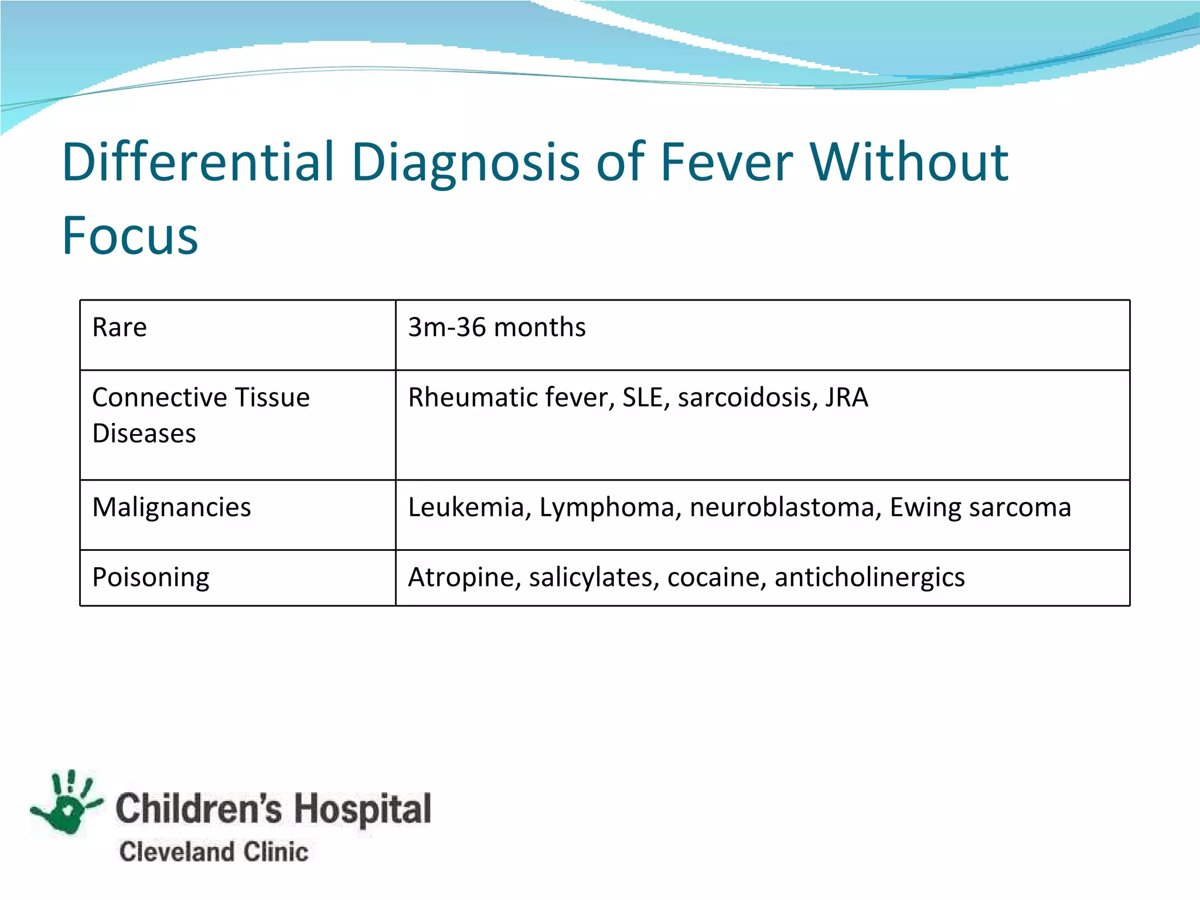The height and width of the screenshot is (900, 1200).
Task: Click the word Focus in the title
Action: [x=130, y=236]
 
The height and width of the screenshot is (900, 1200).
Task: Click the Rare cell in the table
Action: [x=120, y=327]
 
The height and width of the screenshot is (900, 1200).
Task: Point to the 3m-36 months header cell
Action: [x=496, y=327]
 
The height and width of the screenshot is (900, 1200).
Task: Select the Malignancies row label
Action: [x=171, y=507]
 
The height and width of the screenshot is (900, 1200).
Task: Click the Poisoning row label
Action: [x=151, y=578]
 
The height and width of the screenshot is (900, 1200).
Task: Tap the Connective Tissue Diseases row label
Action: [x=200, y=415]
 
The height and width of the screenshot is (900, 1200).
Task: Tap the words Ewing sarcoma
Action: [x=980, y=507]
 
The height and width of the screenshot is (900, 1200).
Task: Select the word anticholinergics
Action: [x=869, y=578]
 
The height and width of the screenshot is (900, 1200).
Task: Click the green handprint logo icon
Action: [x=67, y=803]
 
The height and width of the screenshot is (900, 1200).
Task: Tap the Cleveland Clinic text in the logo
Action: [x=213, y=852]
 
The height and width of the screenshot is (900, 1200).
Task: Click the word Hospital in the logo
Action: [x=362, y=809]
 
